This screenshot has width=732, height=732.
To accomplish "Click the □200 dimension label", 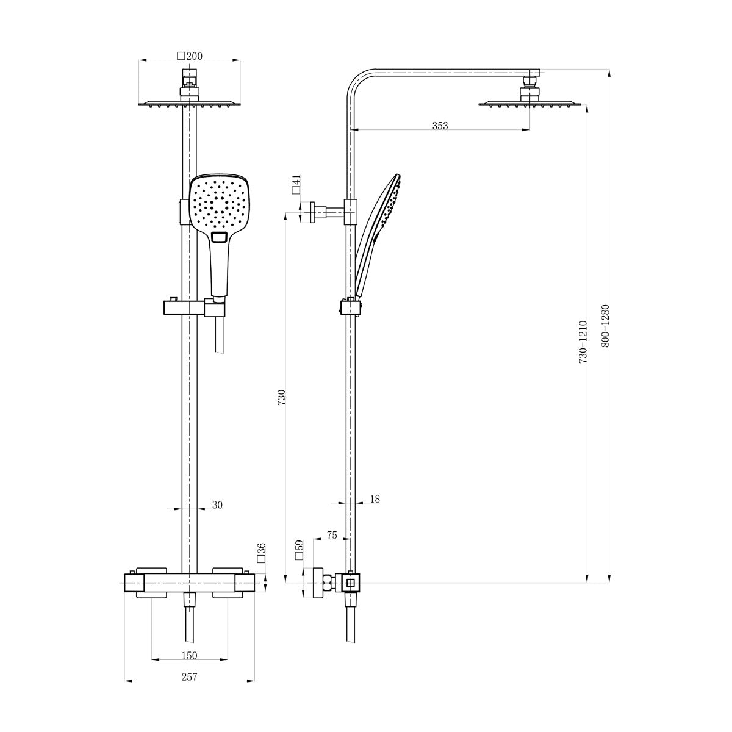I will (x=190, y=56).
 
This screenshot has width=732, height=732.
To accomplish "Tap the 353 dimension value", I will (x=440, y=126).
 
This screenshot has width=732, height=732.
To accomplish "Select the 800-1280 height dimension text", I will (x=605, y=326).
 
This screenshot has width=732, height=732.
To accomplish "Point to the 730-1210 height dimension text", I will (x=583, y=342).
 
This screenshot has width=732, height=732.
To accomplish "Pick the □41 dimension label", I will (x=296, y=184).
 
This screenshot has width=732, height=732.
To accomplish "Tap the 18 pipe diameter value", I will (x=375, y=499).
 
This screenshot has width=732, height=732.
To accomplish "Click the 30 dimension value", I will (x=218, y=505).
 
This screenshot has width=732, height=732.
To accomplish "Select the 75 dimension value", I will (x=332, y=535).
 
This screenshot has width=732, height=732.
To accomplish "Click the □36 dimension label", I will (x=261, y=552).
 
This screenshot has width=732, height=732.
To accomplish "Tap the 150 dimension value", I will (x=189, y=656).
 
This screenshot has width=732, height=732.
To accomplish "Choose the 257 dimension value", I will (x=189, y=678).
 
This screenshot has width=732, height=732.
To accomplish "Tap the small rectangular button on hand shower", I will (x=219, y=237).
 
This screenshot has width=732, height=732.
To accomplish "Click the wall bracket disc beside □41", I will (x=312, y=212).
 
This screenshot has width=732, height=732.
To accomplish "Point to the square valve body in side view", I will (x=351, y=583).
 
